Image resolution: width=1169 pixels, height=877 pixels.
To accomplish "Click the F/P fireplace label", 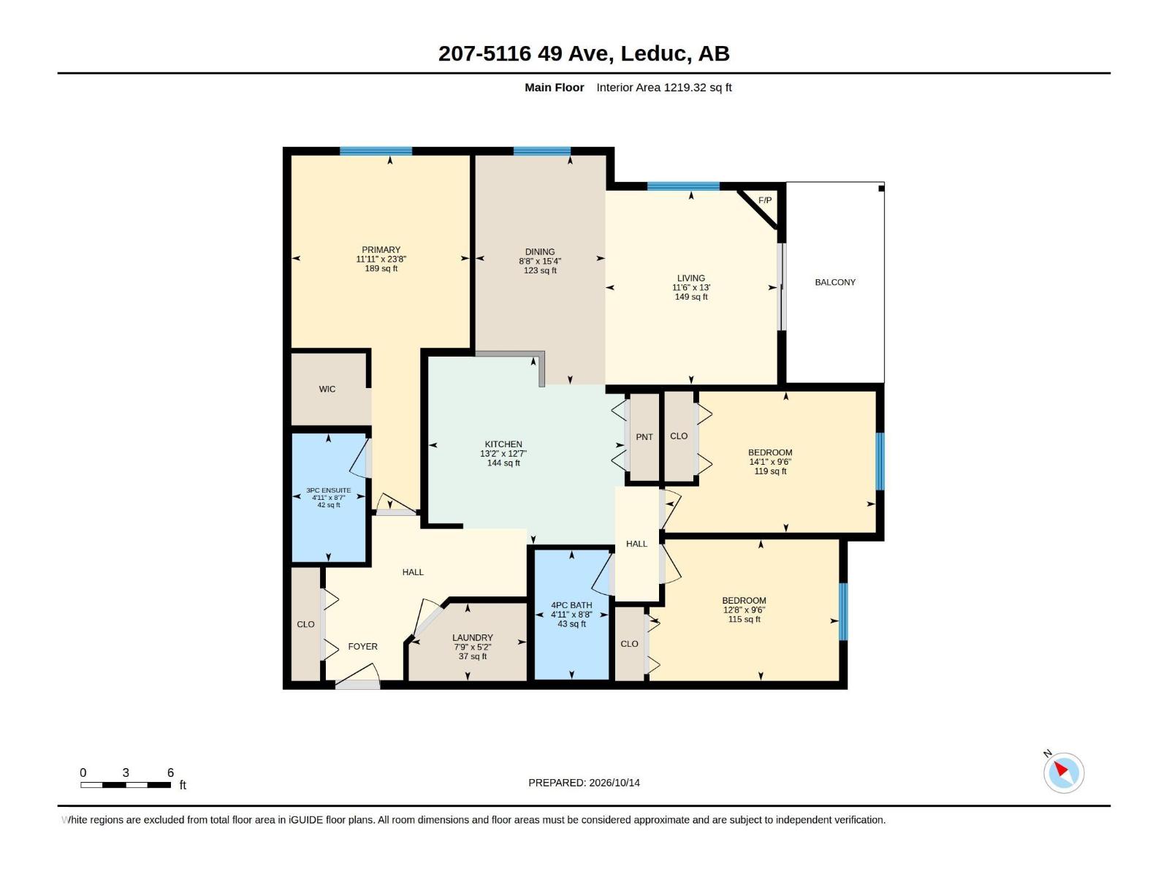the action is (765, 200).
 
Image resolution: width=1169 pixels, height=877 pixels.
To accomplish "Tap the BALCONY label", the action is (835, 282).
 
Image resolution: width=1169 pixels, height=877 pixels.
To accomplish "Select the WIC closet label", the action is (327, 390).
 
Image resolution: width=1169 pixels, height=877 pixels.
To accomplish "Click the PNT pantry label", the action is (644, 437).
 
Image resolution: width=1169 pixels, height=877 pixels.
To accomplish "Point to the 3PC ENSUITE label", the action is (329, 490).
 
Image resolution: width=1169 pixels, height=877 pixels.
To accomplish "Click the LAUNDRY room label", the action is (473, 637).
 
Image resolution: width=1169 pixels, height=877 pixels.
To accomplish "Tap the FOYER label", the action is (362, 647).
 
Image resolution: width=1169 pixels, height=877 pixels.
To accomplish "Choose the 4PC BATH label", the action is (571, 605).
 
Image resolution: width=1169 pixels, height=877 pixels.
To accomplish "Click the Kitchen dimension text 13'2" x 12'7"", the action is (503, 454).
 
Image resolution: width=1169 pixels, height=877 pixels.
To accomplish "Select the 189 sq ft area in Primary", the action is (381, 268).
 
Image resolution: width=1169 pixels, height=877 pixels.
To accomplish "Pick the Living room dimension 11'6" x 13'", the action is (691, 287).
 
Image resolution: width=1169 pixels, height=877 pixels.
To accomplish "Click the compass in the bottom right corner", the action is (1064, 772).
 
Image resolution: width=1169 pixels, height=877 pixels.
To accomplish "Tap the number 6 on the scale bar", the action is (170, 772).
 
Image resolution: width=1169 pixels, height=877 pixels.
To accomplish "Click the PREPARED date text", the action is (584, 783).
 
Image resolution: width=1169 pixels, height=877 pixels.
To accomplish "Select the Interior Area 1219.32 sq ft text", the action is (664, 87).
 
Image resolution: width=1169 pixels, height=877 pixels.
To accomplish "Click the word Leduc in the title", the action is (653, 53).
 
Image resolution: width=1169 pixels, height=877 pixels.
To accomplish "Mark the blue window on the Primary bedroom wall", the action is (376, 151).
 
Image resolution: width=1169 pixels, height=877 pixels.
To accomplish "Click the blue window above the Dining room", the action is (541, 151).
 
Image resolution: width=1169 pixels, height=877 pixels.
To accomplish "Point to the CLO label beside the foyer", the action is (305, 624).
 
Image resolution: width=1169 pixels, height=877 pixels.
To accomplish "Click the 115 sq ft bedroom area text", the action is (744, 619).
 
